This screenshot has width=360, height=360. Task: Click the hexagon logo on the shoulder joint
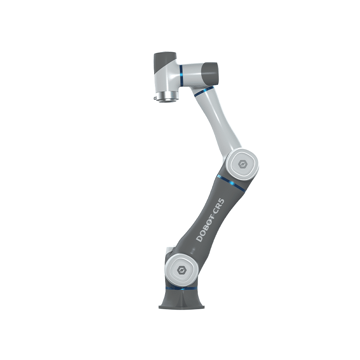coord(181,270)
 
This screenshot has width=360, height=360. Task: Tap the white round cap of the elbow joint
coord(242,164)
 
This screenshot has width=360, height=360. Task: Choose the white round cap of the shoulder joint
coord(181,270)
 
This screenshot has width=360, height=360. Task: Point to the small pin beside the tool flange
coord(155,98)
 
